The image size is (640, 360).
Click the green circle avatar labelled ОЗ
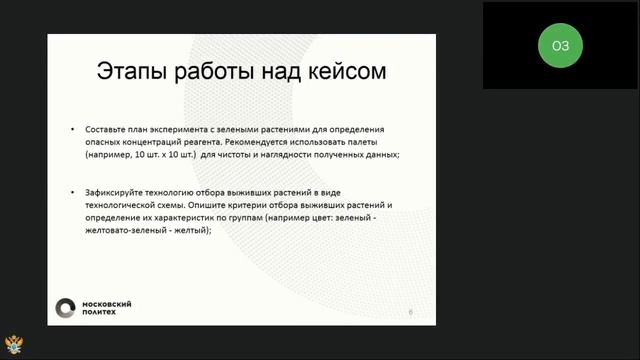coord(560,45)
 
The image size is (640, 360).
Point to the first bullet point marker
coord(72,131)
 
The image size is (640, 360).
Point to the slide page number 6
coord(410,313)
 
